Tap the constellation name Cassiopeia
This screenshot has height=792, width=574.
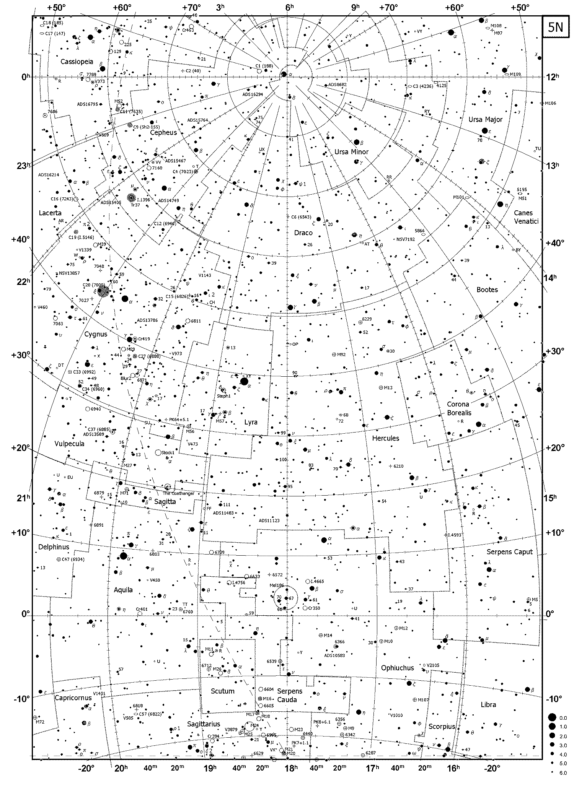[x=77, y=61]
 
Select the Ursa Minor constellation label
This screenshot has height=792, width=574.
[x=351, y=152]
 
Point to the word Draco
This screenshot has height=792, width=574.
[x=303, y=233]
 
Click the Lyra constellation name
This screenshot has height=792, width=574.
[x=251, y=422]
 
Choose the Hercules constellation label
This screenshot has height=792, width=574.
[x=385, y=438]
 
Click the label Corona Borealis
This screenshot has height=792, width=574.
[x=459, y=408]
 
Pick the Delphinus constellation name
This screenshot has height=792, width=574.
[x=54, y=547]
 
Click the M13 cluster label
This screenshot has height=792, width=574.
[x=388, y=387]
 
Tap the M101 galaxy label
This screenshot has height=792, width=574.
[x=458, y=197]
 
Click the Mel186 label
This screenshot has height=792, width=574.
[x=277, y=585]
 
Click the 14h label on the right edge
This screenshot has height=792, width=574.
[x=548, y=278]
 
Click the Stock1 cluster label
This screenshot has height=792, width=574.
[x=168, y=452]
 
